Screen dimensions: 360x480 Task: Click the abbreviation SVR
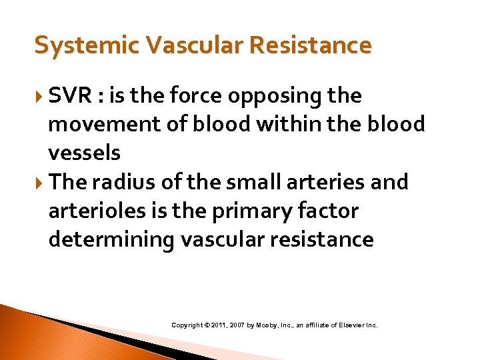[71, 96]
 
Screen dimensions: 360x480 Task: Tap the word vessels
[84, 153]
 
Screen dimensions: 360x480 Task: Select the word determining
[111, 239]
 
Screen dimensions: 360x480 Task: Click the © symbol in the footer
[207, 325]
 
